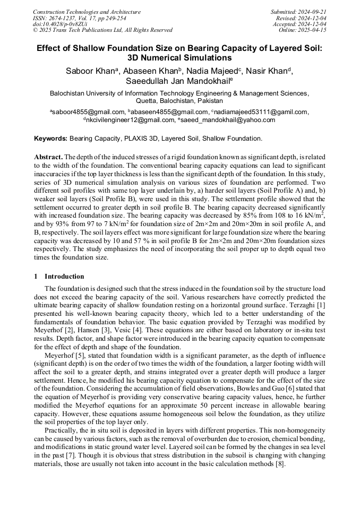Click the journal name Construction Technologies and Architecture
click(x=87, y=12)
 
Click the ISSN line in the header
click(x=79, y=18)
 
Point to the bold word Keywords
click(x=50, y=139)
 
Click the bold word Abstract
click(x=48, y=158)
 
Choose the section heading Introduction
click(x=64, y=277)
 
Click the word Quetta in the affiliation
click(x=149, y=100)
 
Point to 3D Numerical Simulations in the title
click(x=180, y=58)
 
